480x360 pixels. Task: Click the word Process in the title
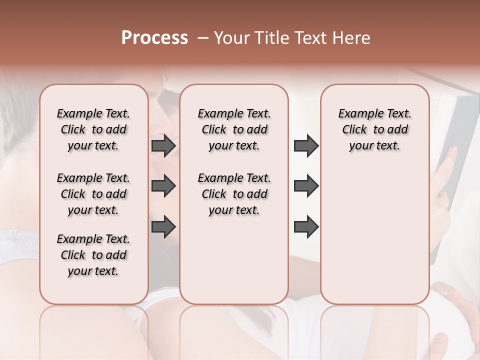tap(154, 38)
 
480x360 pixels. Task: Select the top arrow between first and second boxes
tap(163, 146)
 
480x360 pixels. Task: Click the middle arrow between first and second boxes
tap(163, 186)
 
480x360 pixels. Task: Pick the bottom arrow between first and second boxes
tap(163, 227)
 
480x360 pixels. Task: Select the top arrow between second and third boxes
tap(306, 146)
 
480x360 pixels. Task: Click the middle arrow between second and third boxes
tap(306, 186)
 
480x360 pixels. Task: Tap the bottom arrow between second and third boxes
tap(306, 227)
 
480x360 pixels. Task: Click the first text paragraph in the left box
tap(93, 129)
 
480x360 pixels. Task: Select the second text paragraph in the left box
tap(93, 194)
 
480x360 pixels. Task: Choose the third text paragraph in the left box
tap(93, 255)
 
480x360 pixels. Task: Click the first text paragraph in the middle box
tap(234, 129)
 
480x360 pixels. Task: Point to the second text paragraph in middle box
tap(234, 194)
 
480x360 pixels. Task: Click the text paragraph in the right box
tap(374, 129)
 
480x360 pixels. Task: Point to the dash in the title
tap(203, 38)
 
